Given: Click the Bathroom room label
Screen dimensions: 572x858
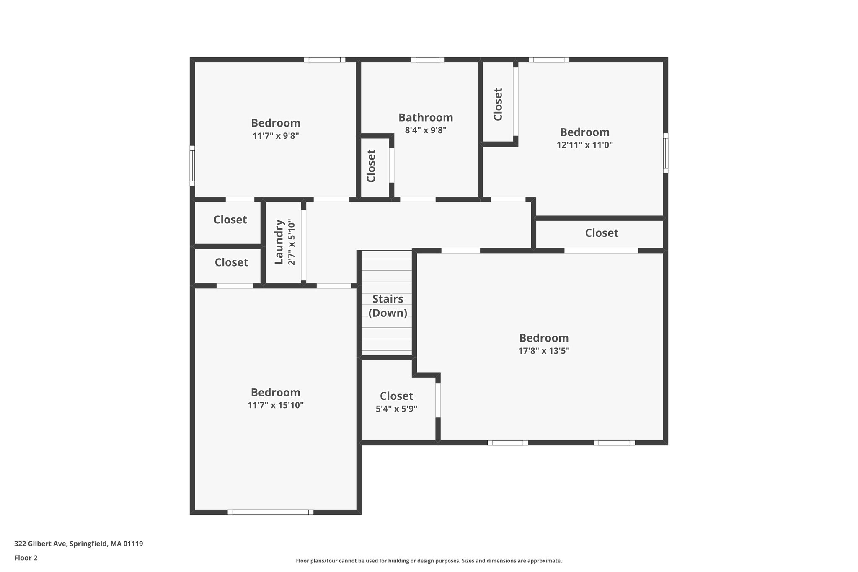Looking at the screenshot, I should pos(426,117).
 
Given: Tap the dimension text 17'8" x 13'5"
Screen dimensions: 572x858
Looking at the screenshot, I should pos(544,351).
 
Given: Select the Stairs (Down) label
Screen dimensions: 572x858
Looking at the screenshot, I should pos(388,306).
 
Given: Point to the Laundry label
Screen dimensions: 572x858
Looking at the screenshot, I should pos(279,242).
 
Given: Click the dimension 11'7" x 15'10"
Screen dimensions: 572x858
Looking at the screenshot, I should pos(275,405).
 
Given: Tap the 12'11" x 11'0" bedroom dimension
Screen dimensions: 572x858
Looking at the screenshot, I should pos(584,145).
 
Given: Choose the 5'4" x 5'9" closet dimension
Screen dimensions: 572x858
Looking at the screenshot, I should pos(396,409).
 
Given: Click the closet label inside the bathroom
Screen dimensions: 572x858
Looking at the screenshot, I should pos(371,166).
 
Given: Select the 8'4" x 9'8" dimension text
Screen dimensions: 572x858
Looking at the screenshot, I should pos(426,130).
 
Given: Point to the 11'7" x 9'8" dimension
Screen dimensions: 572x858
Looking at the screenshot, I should pos(275,136).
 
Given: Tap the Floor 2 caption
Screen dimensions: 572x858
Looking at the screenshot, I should pos(26,558).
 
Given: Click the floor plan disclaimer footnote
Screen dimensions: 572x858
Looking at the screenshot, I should pos(429,561).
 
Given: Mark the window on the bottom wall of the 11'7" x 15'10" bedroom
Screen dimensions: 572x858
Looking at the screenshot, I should pos(270,512).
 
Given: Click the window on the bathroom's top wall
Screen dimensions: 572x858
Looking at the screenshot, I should pos(427,60).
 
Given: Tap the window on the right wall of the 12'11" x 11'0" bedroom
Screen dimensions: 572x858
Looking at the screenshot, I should pos(665,153).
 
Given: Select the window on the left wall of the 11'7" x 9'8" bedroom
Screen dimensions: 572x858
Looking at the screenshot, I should pos(192,166).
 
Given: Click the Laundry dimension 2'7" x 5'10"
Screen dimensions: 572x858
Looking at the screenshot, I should pos(292,243).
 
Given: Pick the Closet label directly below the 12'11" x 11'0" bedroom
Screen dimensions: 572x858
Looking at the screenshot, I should pos(602,233).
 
